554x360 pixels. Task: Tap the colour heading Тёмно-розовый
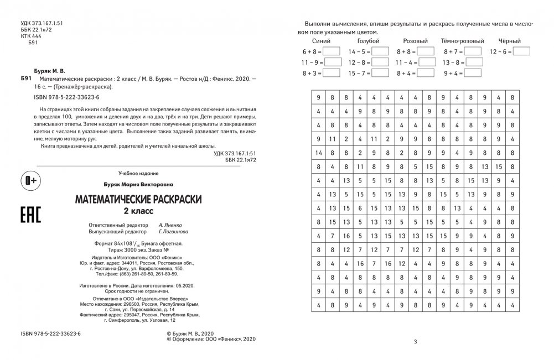(463, 41)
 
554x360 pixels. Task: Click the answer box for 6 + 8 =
(332, 51)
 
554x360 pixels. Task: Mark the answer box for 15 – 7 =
(380, 73)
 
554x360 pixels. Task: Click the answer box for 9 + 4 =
(474, 73)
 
